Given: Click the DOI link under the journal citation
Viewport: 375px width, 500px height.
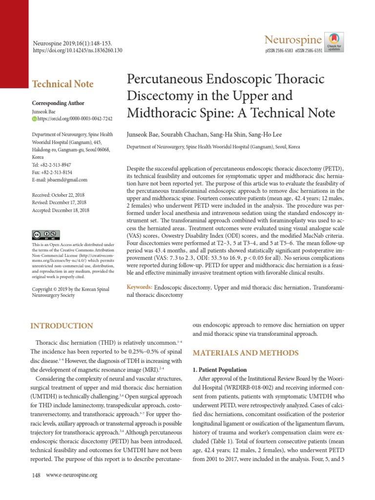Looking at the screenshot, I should click(x=77, y=51).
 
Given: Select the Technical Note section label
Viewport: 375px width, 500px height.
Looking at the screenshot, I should click(x=62, y=84).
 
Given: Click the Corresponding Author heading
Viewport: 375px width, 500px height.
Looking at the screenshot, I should click(x=58, y=104).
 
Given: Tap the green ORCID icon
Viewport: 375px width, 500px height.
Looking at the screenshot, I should click(x=34, y=119).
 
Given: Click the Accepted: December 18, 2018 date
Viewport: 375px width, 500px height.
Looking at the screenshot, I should click(x=60, y=210).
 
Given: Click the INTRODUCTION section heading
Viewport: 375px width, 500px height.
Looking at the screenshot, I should click(x=62, y=326).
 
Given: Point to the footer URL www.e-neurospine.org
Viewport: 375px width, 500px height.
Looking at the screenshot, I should click(x=71, y=475).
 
